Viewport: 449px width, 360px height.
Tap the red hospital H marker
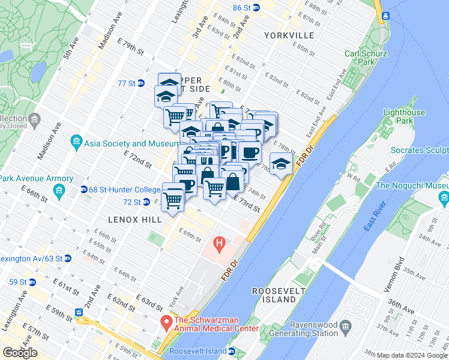tap(219, 245)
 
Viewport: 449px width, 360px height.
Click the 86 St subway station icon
tap(256, 8)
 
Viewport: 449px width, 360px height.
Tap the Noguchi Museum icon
tap(443, 198)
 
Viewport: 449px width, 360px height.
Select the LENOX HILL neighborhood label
tap(135, 220)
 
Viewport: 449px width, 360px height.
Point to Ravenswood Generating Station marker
tap(345, 326)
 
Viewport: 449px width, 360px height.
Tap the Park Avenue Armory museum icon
tap(59, 191)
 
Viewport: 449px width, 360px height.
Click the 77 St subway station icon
tap(140, 83)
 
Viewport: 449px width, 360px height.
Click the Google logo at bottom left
tap(20, 353)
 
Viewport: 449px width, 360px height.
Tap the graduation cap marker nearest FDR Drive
tap(280, 163)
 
